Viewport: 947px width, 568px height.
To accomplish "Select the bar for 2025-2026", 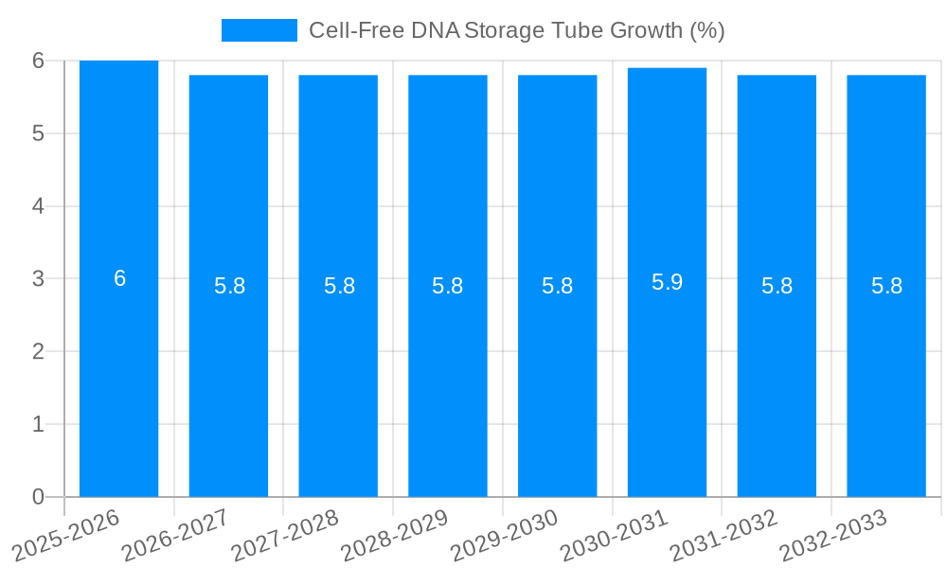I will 118,379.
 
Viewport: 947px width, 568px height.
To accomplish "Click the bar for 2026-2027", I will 228,379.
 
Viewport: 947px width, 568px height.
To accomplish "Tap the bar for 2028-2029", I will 448,379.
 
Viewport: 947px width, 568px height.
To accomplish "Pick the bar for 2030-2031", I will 667,379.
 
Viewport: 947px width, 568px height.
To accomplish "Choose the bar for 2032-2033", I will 886,379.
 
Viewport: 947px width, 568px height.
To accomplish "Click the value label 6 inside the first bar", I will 119,278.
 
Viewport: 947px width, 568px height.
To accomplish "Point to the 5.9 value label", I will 667,282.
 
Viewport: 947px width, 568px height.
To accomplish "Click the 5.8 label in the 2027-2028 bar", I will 339,286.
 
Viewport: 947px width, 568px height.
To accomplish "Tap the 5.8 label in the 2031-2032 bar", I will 777,286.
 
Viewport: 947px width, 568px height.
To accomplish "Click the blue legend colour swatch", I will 259,30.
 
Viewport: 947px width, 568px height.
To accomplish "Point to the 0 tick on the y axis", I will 38,497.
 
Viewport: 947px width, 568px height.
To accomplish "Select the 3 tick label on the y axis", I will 38,278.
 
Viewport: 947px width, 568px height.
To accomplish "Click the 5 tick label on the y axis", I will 38,133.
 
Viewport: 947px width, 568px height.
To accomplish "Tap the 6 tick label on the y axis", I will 38,61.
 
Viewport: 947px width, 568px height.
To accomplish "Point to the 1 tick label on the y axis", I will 38,424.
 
